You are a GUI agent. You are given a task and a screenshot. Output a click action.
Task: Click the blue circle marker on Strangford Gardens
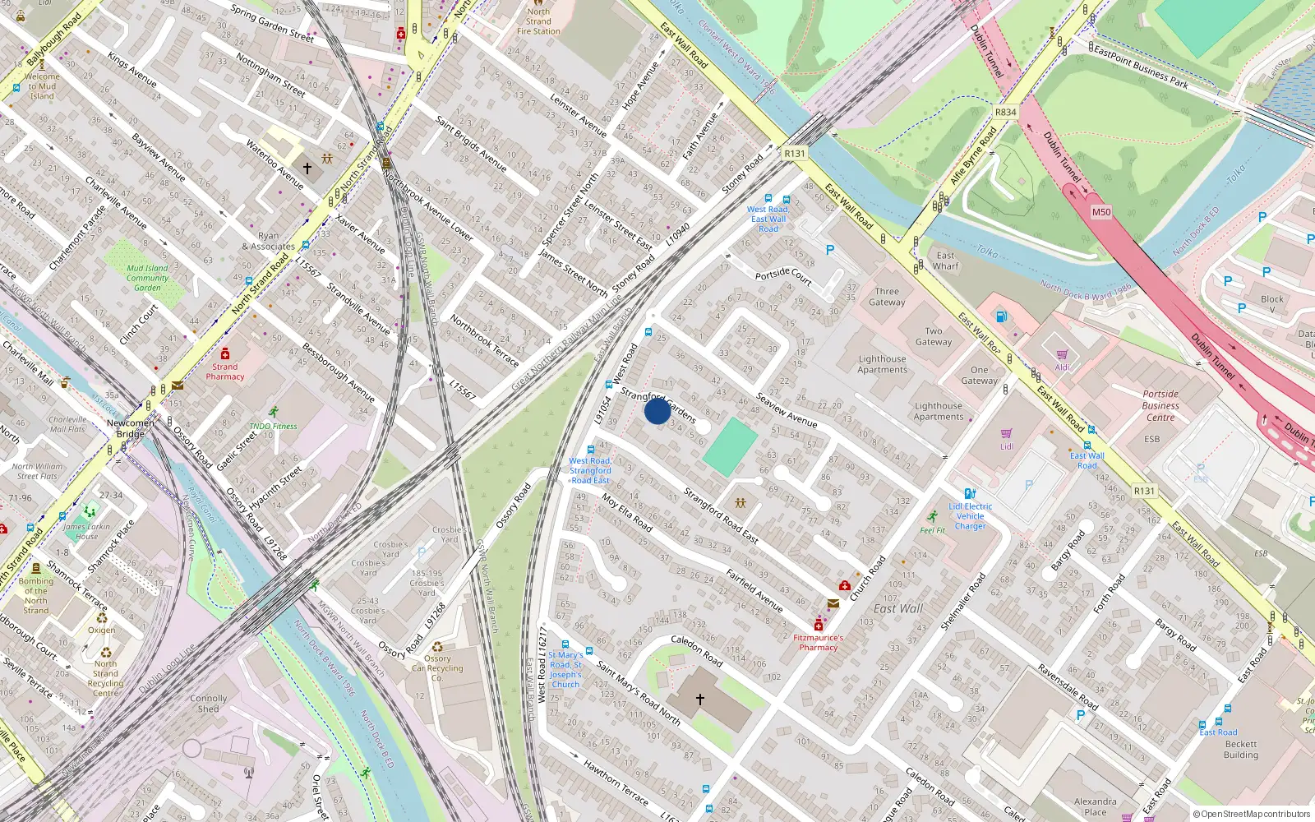coord(657,410)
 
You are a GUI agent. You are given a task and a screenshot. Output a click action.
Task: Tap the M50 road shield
coord(1101,212)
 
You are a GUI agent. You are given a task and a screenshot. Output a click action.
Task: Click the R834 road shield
coord(1005,112)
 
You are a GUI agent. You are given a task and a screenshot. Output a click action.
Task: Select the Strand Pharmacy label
coord(225,372)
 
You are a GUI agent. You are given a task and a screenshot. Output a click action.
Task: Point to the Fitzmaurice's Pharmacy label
coord(818,642)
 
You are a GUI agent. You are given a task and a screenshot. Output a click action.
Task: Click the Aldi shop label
coord(1063,367)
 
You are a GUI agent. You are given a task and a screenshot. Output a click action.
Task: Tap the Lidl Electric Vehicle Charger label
coord(970,516)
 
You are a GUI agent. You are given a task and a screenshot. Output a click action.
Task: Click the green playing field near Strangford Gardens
coord(731,446)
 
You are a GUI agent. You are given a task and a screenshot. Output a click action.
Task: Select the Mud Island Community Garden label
coord(147,278)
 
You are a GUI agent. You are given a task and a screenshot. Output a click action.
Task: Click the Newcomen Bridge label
coord(130,428)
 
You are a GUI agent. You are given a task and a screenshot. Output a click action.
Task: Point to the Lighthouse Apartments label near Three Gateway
coord(882,364)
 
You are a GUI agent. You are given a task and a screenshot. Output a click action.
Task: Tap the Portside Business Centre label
coord(1160,405)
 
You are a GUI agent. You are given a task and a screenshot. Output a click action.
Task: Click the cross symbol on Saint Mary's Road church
coord(700,700)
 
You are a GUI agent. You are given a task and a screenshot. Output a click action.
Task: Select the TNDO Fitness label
coord(273,426)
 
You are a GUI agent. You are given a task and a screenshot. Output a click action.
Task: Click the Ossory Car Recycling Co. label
coord(437,667)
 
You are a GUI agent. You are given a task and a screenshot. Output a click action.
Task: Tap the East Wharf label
coord(945,261)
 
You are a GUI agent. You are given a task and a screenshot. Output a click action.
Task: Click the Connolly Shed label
coord(208,703)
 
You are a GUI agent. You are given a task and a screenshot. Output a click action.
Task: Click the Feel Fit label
coord(933,530)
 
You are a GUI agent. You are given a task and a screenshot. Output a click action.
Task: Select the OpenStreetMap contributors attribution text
coord(1251,814)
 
